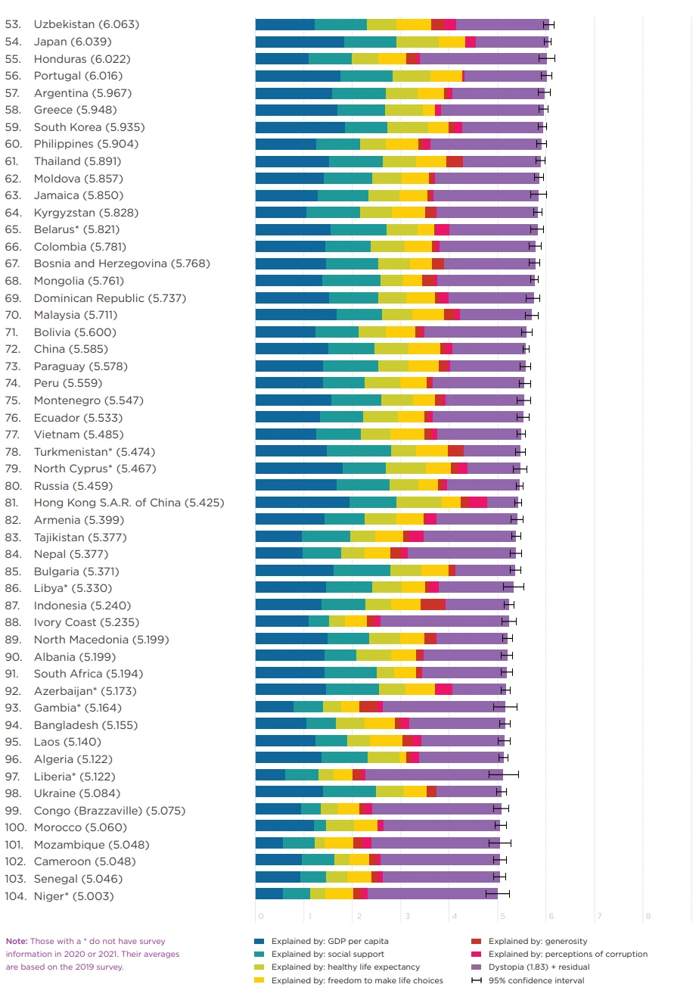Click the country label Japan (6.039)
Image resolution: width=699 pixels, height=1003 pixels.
coord(72,42)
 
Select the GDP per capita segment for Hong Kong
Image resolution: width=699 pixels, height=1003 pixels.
coord(302,503)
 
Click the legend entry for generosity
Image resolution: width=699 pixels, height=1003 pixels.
coord(537,941)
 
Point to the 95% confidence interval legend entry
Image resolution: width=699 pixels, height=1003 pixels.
coord(537,980)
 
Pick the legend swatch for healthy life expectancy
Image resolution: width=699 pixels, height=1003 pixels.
coord(259,967)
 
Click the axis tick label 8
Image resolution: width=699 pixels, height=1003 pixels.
coord(648,917)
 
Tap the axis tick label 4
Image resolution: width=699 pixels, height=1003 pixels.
coord(454,917)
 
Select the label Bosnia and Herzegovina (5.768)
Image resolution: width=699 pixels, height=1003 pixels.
coord(122,263)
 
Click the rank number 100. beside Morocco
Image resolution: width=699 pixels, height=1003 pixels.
coord(15,827)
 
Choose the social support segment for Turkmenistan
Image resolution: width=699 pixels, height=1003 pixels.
coord(359,451)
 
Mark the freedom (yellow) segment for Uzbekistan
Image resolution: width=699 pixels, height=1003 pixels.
coord(413,24)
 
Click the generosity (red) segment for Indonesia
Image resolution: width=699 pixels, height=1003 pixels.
coord(433,605)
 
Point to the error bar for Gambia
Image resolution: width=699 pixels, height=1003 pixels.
coord(505,707)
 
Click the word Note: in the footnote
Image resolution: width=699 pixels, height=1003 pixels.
coord(17,941)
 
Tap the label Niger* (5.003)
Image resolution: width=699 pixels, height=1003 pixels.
coord(73,896)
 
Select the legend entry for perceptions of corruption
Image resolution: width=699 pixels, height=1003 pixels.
coord(567,954)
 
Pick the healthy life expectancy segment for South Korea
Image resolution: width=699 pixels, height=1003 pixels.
coord(408,127)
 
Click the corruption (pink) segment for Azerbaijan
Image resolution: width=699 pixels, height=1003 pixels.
coord(443,690)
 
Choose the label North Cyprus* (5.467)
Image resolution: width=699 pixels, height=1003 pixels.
coord(95,469)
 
